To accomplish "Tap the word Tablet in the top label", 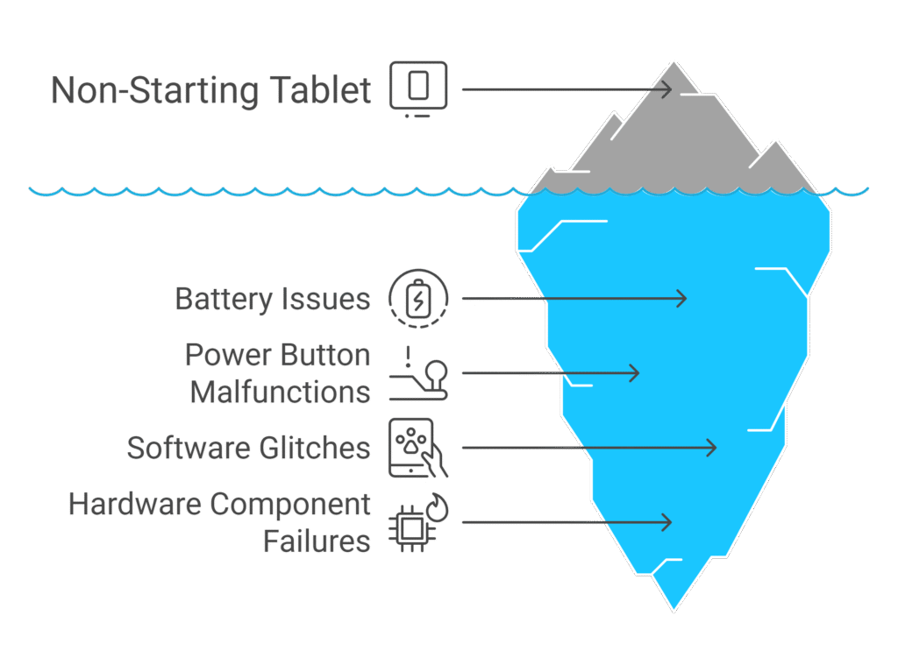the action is pos(321,89).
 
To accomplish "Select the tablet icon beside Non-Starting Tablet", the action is pos(418,88).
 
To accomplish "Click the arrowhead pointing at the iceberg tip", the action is pos(666,89).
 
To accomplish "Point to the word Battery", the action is pos(224,300).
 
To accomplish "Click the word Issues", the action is pos(324,299).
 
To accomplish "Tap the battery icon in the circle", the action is pos(418,298).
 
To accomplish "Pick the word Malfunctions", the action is pos(280,393).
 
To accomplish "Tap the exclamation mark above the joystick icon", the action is pos(408,357).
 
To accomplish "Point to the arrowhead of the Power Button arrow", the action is pos(634,373).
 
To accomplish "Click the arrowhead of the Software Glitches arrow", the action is pos(710,448).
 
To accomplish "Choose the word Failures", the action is pos(317,541).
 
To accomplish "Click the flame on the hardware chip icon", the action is pos(438,507).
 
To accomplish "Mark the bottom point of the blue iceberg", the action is pos(674,611).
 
